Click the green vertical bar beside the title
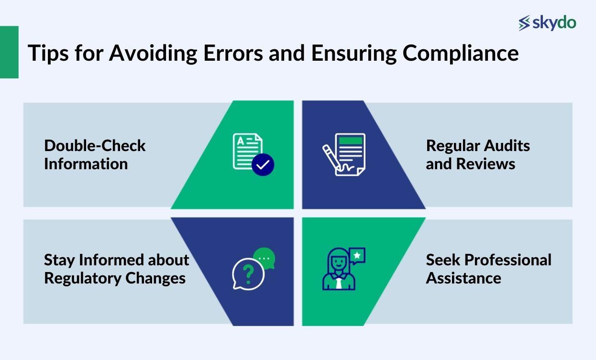click(9, 52)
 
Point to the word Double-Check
click(95, 145)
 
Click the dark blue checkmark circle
click(263, 165)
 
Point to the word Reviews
click(486, 164)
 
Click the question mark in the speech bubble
click(248, 274)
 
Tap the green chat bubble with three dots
click(264, 259)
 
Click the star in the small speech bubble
click(357, 255)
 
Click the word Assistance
click(464, 278)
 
